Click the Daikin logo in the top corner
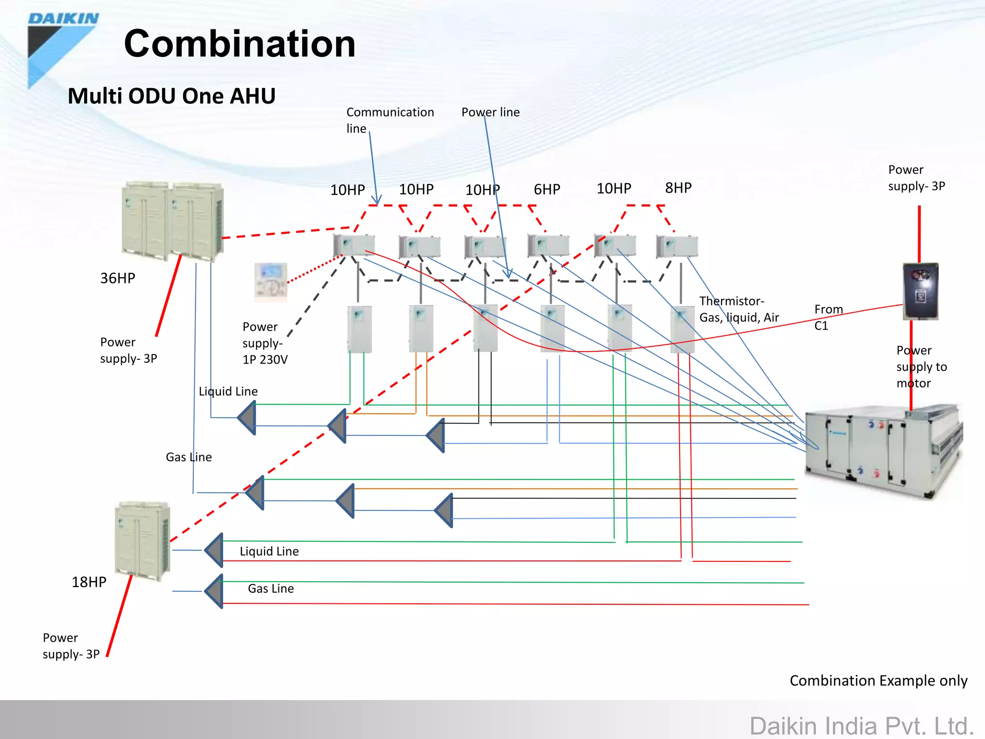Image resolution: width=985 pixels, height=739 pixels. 63,50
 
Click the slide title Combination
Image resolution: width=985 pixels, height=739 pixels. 240,43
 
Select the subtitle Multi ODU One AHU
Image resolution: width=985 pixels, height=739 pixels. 172,96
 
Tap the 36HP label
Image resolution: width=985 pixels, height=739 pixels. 118,278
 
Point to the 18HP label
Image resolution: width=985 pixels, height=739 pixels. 89,582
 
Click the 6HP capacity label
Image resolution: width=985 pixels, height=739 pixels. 547,190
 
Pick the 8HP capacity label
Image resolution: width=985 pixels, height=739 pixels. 678,188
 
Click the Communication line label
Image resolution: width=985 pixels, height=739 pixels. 390,120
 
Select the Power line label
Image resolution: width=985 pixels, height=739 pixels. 491,112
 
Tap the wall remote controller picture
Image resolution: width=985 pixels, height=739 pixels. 271,282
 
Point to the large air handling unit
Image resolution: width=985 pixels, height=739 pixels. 884,450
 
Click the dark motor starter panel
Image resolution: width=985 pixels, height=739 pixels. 921,291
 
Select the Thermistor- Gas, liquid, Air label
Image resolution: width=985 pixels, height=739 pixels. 739,309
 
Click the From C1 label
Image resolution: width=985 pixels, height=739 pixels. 829,318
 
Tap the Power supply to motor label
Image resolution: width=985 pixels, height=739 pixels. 922,367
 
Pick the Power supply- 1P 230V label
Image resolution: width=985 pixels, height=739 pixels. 265,343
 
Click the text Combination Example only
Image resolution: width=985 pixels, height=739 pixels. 879,681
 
